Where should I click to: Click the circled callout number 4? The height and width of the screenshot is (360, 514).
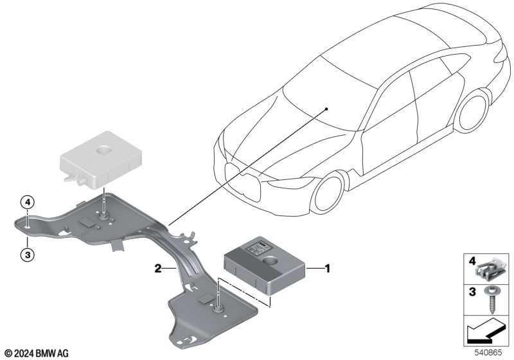tap(28, 203)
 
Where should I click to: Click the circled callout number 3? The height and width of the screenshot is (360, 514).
tap(28, 255)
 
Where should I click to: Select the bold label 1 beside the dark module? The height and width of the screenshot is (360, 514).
tap(327, 269)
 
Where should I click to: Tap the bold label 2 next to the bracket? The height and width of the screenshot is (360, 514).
tap(158, 269)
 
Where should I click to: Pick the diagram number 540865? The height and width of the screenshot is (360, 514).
tap(488, 353)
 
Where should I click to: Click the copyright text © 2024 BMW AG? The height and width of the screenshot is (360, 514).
tap(37, 354)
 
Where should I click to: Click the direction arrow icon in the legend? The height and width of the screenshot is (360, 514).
tap(487, 331)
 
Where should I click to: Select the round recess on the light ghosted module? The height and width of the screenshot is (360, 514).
tap(105, 150)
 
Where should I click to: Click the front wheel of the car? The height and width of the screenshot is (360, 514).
tap(328, 194)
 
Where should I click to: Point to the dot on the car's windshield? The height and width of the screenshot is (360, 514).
tap(326, 109)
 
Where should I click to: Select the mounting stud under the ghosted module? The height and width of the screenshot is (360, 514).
tap(104, 215)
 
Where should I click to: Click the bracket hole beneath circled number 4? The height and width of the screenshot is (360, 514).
tap(28, 226)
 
